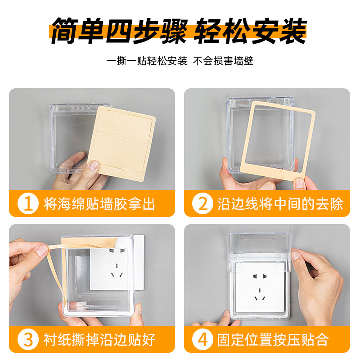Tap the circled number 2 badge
[x=203, y=204]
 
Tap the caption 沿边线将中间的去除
[x=280, y=204]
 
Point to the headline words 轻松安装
[x=250, y=31]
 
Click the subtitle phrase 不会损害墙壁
[x=223, y=61]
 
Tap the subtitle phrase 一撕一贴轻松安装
[x=147, y=61]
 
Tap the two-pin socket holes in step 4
[x=259, y=273]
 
